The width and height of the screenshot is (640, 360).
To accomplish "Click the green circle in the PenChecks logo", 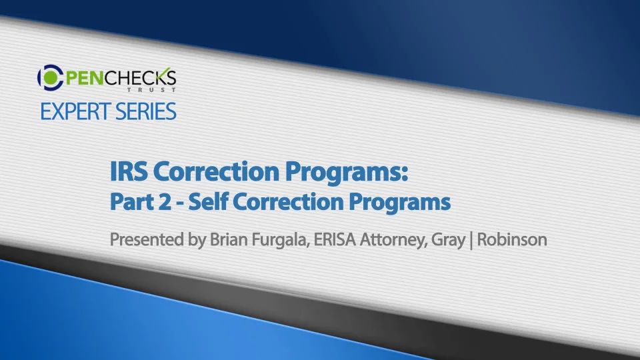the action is [51, 77].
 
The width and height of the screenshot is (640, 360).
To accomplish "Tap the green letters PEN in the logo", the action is [84, 78].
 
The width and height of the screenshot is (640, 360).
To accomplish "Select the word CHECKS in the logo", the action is [140, 77].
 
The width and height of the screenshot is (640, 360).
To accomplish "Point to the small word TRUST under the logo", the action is [151, 89].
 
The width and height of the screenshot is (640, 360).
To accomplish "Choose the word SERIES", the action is [146, 111].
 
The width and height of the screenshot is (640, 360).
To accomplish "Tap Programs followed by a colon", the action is [347, 172].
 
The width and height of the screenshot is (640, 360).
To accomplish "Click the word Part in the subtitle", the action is [126, 201].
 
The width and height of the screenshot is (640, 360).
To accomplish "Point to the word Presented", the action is [147, 239].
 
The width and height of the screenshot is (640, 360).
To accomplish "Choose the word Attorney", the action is [394, 240].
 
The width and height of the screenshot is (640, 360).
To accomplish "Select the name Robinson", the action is [512, 239].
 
